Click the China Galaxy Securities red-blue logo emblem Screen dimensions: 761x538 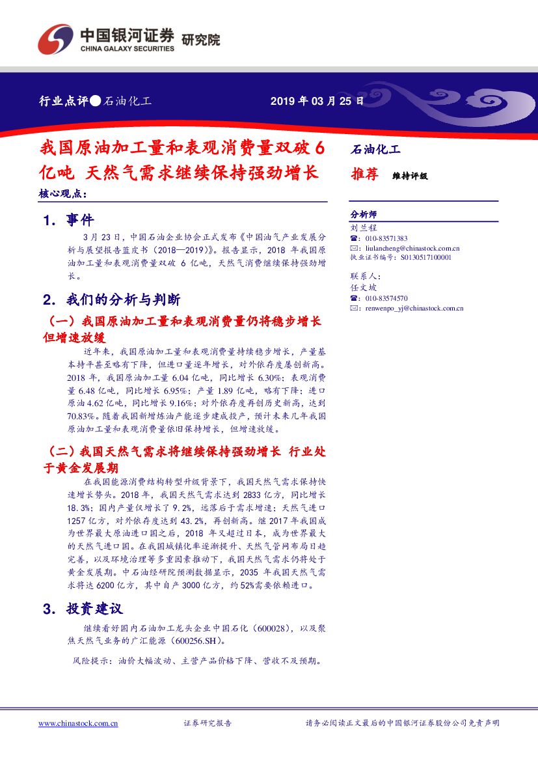(x=55, y=39)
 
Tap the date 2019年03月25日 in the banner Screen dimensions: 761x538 (x=317, y=102)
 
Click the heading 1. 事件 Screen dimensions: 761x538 (x=68, y=221)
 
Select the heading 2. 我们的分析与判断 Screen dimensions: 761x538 (x=111, y=300)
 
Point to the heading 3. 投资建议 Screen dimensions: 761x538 (x=83, y=609)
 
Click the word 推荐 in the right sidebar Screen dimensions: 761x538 (x=364, y=174)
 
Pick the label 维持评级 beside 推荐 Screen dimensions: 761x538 (x=410, y=176)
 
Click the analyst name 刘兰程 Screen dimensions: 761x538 (x=364, y=228)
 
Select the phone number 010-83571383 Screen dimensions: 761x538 (x=386, y=238)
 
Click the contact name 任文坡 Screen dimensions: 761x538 (x=364, y=287)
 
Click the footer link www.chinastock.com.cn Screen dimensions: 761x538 (x=78, y=723)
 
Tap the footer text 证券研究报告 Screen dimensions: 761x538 (x=208, y=723)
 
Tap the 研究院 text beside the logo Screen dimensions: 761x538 (x=200, y=40)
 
